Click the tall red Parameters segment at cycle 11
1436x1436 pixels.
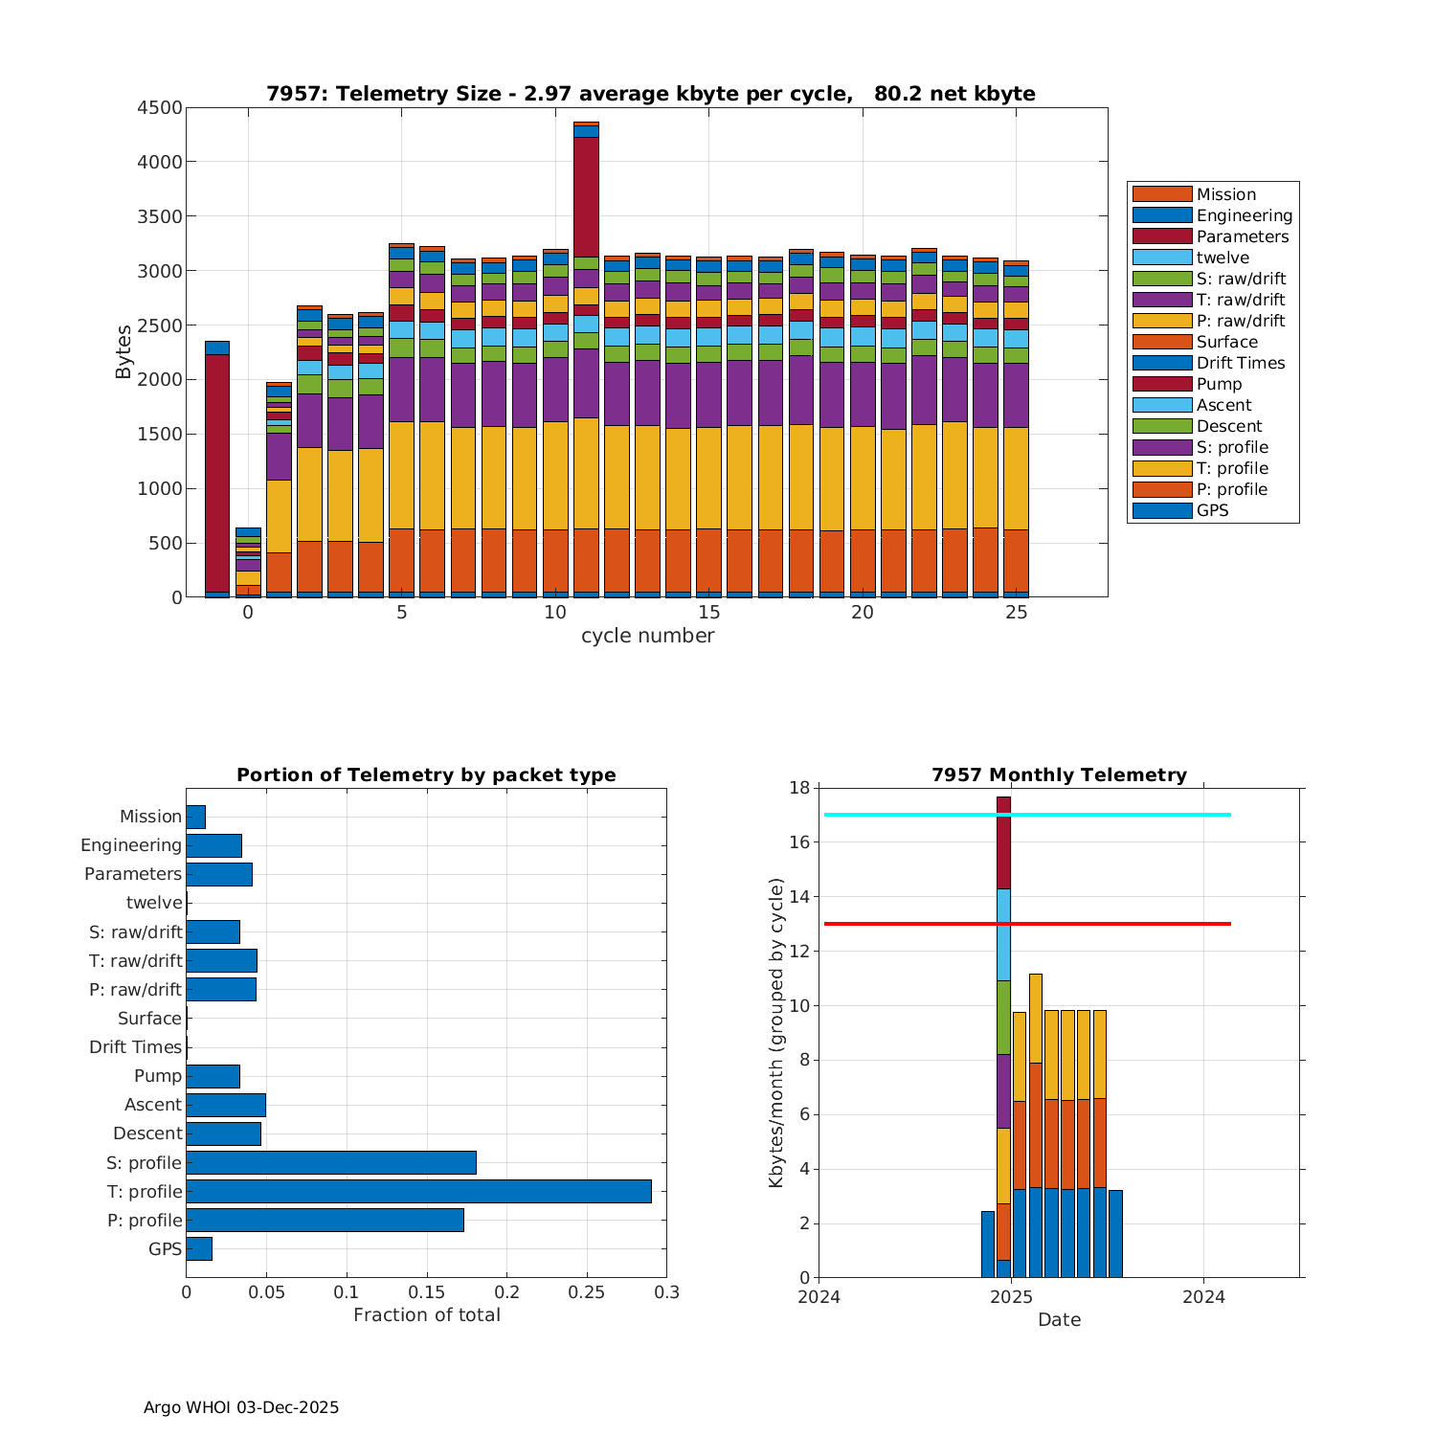[586, 196]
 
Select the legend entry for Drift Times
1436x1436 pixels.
[1241, 363]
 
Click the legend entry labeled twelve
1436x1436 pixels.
[1223, 258]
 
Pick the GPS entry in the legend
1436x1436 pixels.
[1212, 510]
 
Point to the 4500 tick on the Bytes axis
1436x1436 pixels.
[159, 108]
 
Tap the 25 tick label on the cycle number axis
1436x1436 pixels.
[1017, 613]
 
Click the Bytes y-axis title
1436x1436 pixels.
[123, 352]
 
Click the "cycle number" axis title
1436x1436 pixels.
[647, 636]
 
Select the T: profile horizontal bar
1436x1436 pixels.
[418, 1191]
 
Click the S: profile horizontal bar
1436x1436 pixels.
[331, 1162]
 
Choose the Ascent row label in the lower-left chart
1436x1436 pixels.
[152, 1105]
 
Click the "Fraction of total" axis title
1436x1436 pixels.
[426, 1315]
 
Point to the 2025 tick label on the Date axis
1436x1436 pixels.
[1011, 1297]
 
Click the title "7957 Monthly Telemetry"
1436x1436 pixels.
[1059, 775]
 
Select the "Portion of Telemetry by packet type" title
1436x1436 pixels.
[426, 775]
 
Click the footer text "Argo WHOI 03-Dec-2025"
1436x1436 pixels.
[241, 1407]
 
